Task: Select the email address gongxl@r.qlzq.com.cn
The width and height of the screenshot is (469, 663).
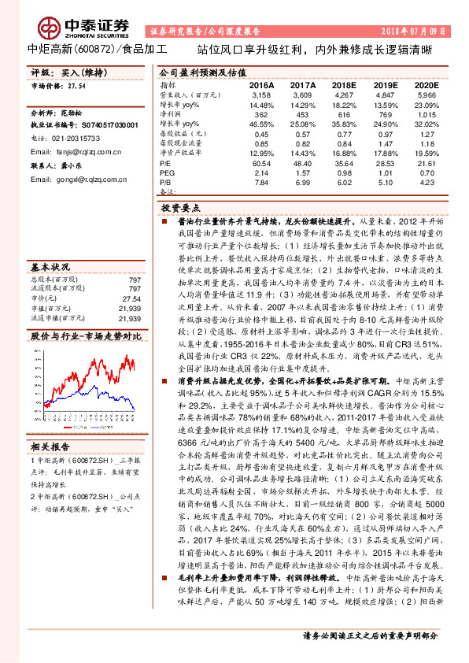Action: pyautogui.click(x=88, y=179)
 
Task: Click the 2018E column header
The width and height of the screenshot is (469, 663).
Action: pyautogui.click(x=343, y=83)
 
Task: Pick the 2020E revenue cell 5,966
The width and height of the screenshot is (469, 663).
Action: pyautogui.click(x=425, y=94)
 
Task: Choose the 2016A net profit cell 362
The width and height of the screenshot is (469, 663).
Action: pyautogui.click(x=260, y=113)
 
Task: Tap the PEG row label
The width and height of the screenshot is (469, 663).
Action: pyautogui.click(x=166, y=171)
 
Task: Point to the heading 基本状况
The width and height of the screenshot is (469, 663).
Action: pyautogui.click(x=46, y=266)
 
